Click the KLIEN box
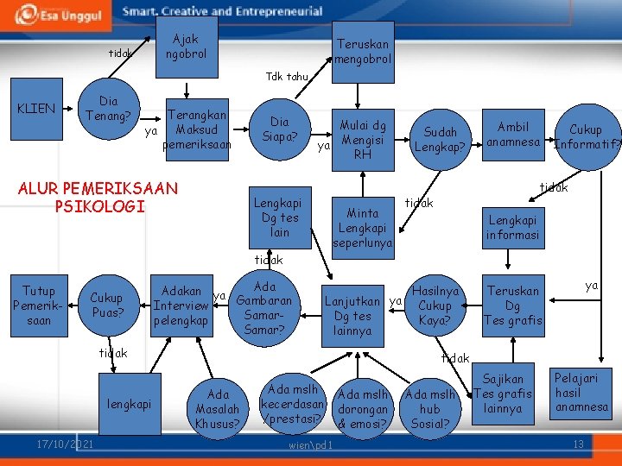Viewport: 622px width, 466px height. point(35,109)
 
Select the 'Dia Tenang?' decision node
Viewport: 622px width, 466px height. point(108,109)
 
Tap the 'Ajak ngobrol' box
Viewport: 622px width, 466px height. point(186,46)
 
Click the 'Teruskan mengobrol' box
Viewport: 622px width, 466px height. point(363,51)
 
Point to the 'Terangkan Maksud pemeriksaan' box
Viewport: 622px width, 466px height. point(197,129)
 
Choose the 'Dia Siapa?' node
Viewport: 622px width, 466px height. point(279,129)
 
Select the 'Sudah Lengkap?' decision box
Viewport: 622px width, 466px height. point(440,139)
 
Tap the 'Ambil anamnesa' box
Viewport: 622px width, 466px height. point(513,134)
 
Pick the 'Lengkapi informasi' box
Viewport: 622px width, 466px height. point(512,227)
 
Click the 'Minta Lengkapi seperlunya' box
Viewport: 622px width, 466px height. point(362,228)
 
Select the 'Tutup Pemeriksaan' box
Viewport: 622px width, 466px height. point(38,305)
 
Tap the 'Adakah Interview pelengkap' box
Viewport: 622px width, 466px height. point(181,305)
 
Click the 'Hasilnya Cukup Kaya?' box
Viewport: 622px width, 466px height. point(435,305)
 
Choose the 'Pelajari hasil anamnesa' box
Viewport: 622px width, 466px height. point(581,393)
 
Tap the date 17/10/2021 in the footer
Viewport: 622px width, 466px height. point(65,444)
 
